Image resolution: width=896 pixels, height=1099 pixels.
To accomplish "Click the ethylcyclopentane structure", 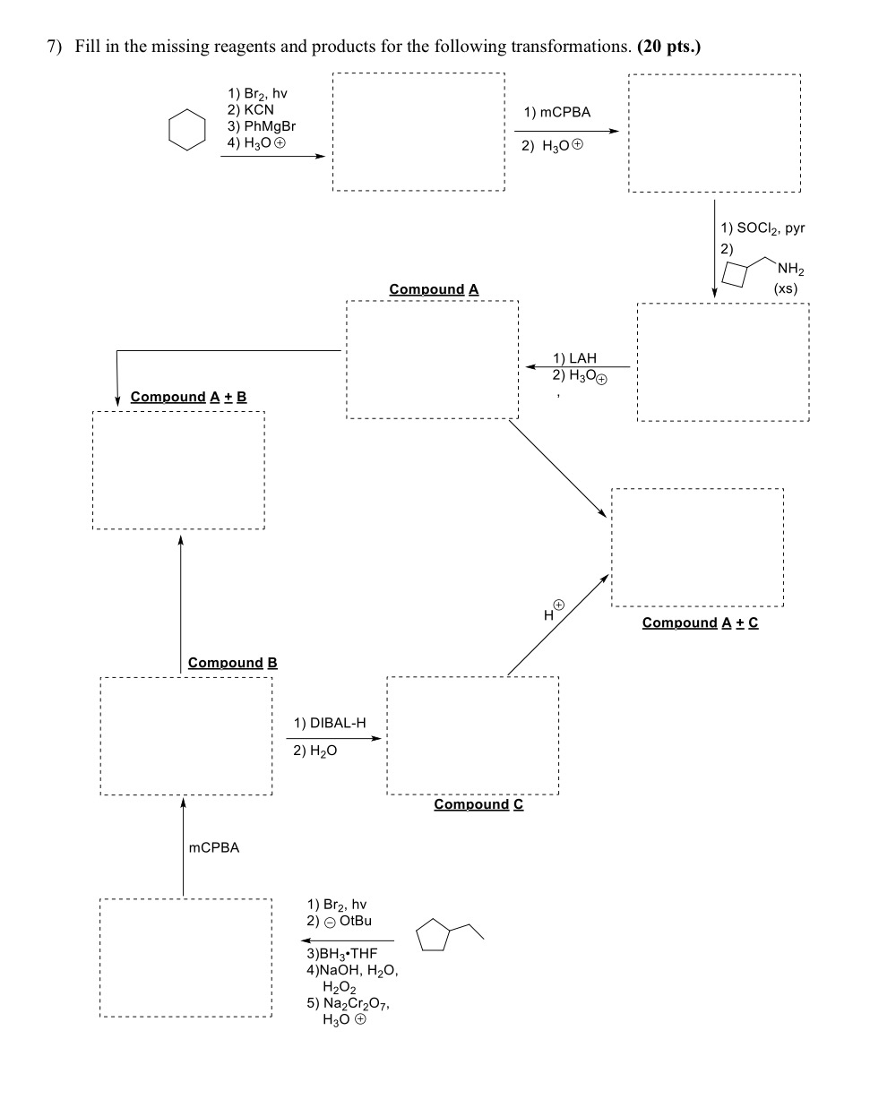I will pyautogui.click(x=447, y=935).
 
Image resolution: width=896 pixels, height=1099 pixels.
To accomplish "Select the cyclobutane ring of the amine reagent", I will pyautogui.click(x=734, y=275).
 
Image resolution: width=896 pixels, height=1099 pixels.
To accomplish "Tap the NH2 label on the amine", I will pyautogui.click(x=791, y=269).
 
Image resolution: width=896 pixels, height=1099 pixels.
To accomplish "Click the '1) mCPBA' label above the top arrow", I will pyautogui.click(x=557, y=112).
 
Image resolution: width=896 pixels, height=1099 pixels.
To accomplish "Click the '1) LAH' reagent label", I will pyautogui.click(x=574, y=357).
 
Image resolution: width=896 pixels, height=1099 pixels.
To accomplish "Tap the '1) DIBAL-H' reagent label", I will pyautogui.click(x=330, y=722).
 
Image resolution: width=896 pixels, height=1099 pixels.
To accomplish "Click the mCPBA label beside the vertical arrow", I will pyautogui.click(x=214, y=847).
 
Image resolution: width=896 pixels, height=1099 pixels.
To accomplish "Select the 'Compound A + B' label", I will pyautogui.click(x=188, y=396).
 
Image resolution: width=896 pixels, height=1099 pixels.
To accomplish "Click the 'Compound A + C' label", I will pyautogui.click(x=700, y=622).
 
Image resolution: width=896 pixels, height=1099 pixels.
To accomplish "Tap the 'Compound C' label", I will pyautogui.click(x=478, y=804).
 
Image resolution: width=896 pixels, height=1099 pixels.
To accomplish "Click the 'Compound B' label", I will pyautogui.click(x=232, y=663).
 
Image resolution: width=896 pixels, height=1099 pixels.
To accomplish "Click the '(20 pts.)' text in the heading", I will pyautogui.click(x=668, y=47).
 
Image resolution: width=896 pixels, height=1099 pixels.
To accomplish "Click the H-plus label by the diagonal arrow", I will pyautogui.click(x=553, y=612).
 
